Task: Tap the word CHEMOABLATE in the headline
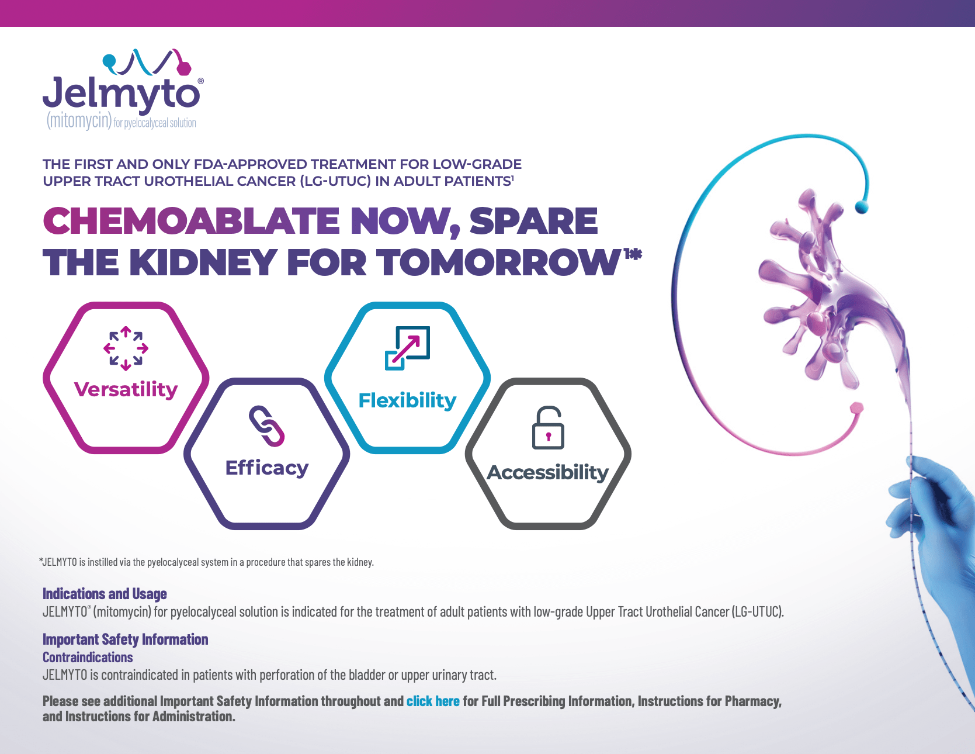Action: pyautogui.click(x=191, y=221)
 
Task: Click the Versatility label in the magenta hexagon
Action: pyautogui.click(x=126, y=389)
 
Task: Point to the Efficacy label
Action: pyautogui.click(x=267, y=468)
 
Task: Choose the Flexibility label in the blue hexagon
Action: pyautogui.click(x=407, y=401)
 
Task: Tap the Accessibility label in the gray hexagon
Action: pyautogui.click(x=548, y=472)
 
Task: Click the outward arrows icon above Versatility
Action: pyautogui.click(x=126, y=348)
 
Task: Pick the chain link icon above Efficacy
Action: pyautogui.click(x=266, y=426)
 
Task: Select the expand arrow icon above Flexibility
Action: pyautogui.click(x=407, y=348)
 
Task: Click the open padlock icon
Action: pyautogui.click(x=548, y=427)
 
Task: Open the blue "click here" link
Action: pyautogui.click(x=433, y=701)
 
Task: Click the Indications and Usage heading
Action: pyautogui.click(x=105, y=594)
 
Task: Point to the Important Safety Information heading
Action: pyautogui.click(x=125, y=639)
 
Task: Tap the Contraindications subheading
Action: pyautogui.click(x=88, y=658)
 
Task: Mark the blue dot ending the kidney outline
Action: pyautogui.click(x=861, y=206)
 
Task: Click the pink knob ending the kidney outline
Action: pyautogui.click(x=856, y=407)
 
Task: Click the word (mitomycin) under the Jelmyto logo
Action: pyautogui.click(x=79, y=121)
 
